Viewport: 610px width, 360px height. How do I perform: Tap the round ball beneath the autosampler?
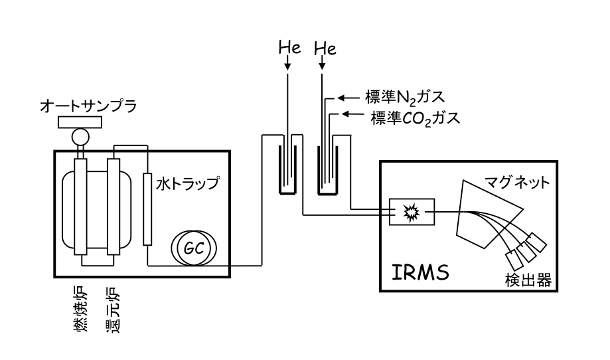[80, 137]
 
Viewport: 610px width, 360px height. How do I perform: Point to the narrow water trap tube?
[147, 209]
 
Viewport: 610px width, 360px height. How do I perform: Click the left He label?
[289, 48]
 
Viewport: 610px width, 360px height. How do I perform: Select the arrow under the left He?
[288, 64]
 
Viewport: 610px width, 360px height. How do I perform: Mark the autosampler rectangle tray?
[80, 122]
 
